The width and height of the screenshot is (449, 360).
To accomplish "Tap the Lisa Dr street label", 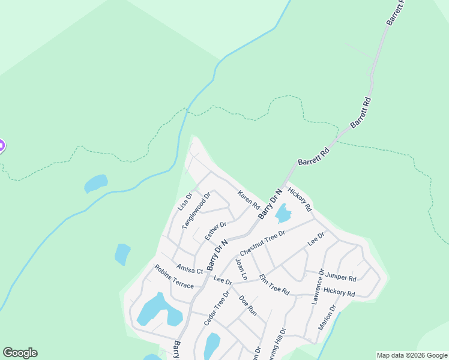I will pos(184,202).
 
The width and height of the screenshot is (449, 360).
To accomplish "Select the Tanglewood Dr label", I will pos(197,209).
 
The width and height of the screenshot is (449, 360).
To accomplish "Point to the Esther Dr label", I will pos(215,231).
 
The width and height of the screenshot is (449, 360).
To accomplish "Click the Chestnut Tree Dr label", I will pos(262,241).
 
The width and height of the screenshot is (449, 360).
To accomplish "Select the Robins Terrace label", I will pos(174,277).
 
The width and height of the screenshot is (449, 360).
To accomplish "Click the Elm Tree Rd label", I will pos(274,285).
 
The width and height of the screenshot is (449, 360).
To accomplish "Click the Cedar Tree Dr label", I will pos(217,309).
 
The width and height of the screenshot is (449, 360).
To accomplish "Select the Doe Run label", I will pos(247,305).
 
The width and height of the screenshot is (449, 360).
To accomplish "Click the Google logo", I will pos(20,352).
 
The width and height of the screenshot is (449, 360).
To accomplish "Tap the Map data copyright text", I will pos(412,355).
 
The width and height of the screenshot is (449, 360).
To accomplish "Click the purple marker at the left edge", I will pos(1,145).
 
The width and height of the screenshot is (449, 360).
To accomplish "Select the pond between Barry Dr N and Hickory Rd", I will pos(282,213).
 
